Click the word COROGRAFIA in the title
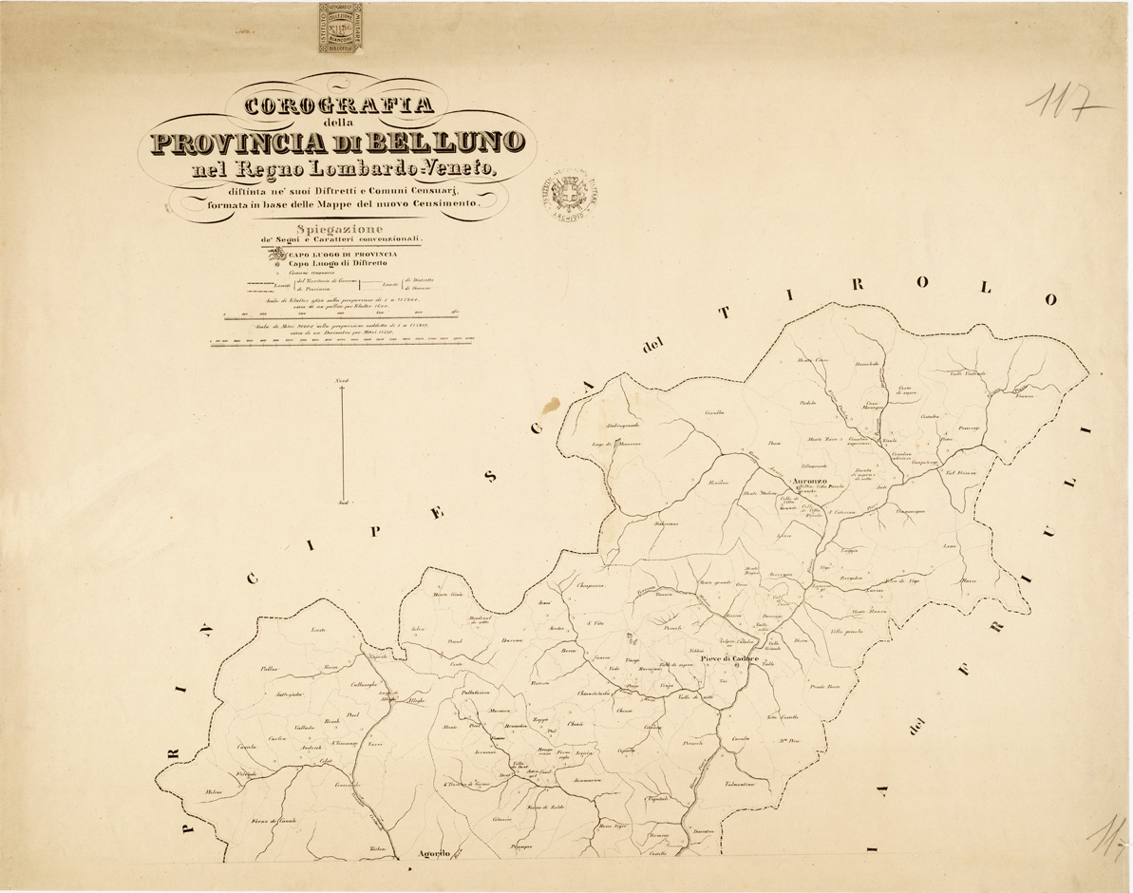tap(339, 105)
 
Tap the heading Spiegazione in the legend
tap(339, 229)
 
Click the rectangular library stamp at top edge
tap(340, 28)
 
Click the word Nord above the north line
tap(341, 382)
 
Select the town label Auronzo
tap(797, 482)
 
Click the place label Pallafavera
tap(481, 693)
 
